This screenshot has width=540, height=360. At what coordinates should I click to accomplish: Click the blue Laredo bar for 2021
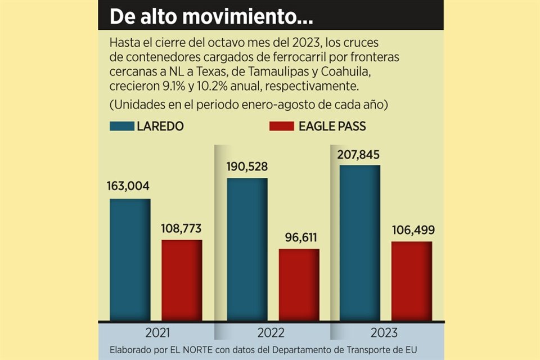click(130, 260)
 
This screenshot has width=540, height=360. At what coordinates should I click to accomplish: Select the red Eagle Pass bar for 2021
click(182, 281)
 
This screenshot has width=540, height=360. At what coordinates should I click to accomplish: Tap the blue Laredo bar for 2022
click(247, 250)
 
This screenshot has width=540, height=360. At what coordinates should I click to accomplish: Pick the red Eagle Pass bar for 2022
click(299, 285)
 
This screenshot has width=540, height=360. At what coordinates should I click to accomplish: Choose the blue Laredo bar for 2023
click(360, 244)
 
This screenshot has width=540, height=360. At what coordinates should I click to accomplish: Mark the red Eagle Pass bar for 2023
click(412, 282)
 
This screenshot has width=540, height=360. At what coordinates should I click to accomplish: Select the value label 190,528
click(247, 167)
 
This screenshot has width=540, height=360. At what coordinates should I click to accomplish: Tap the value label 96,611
click(299, 238)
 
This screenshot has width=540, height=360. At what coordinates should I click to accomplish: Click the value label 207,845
click(359, 154)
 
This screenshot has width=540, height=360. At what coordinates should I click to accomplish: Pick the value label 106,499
click(411, 231)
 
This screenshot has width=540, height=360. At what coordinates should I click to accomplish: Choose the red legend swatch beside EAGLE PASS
click(282, 127)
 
